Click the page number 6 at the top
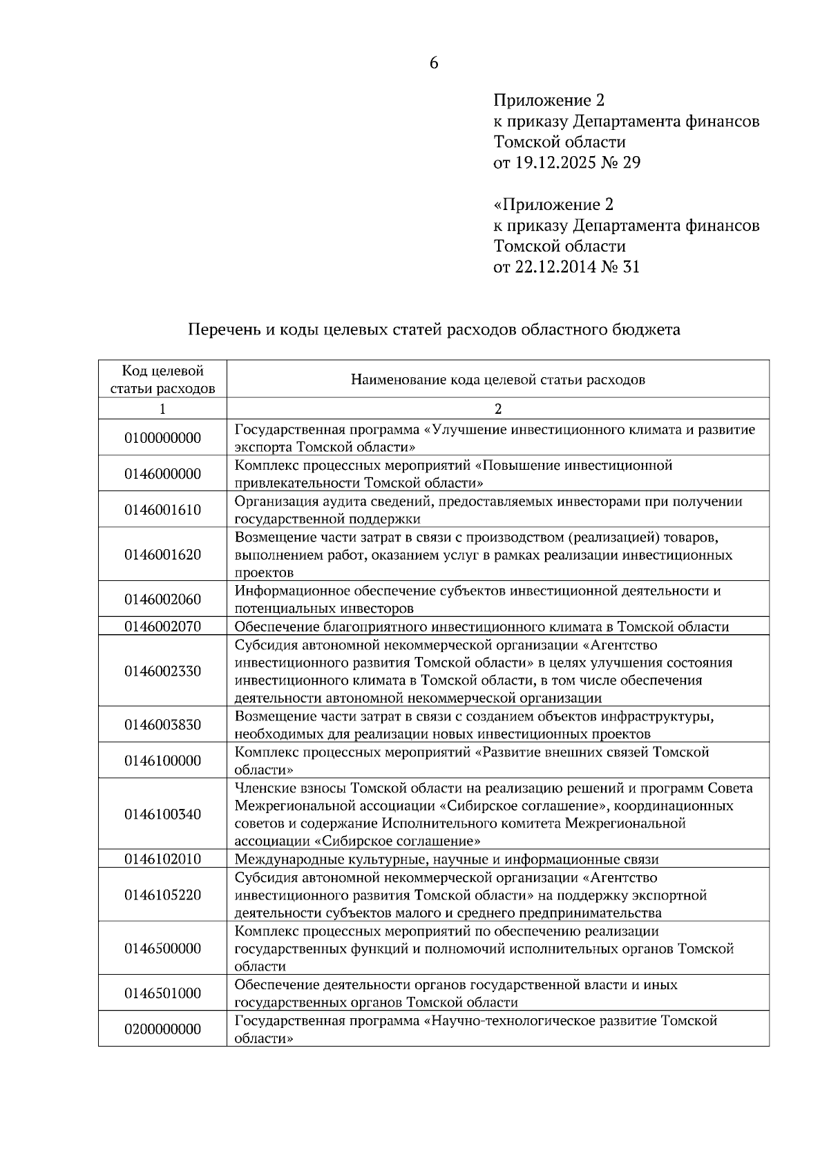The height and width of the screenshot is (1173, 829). (434, 63)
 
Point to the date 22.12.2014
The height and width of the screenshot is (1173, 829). (554, 267)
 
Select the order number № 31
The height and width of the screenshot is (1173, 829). (622, 267)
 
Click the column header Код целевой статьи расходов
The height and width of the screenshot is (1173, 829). (162, 379)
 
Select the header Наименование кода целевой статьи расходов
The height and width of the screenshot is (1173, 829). (497, 379)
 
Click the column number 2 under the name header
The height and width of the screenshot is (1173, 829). (498, 408)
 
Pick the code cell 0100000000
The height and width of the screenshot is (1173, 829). (162, 437)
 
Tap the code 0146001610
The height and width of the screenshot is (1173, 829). (162, 510)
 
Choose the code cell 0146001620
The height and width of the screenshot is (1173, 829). (162, 555)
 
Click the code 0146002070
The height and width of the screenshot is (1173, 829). (162, 627)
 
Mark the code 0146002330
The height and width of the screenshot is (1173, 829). (162, 671)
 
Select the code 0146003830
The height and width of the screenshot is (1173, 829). (162, 725)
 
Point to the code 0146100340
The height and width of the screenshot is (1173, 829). (162, 814)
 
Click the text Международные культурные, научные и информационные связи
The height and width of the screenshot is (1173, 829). (446, 859)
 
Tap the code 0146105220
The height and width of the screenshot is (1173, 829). (162, 895)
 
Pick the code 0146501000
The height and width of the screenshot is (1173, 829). (162, 993)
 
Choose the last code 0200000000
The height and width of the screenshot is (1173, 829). (162, 1029)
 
